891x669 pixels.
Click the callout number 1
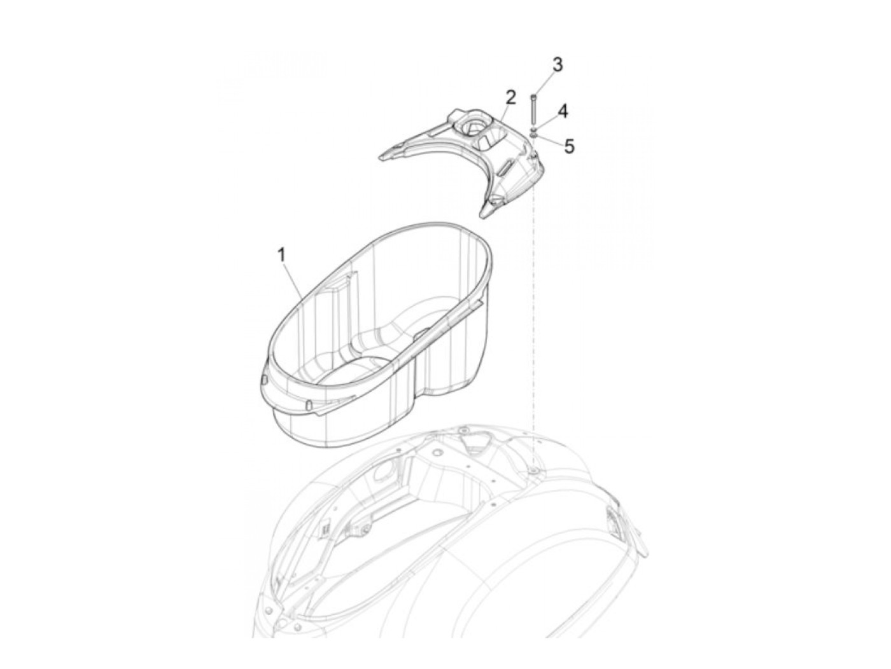pos(281,255)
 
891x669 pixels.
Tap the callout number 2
pos(510,97)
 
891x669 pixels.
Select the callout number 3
pos(557,64)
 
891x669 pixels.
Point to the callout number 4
pos(563,111)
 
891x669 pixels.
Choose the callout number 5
pos(569,146)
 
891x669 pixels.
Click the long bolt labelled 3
pos(533,110)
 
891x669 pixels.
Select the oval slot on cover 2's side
pos(505,167)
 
